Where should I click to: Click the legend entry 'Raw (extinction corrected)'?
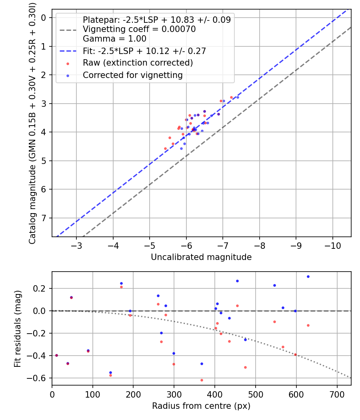click(x=138, y=63)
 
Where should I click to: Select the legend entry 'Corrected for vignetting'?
click(x=132, y=75)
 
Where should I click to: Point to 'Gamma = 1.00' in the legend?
click(x=114, y=39)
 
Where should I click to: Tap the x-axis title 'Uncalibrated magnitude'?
click(x=201, y=257)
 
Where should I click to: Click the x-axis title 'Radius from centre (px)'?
click(x=201, y=406)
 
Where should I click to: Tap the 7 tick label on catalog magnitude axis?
click(x=44, y=218)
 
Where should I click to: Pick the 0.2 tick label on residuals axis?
click(x=42, y=288)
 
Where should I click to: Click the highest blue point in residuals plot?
click(x=308, y=276)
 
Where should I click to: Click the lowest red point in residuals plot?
click(x=202, y=380)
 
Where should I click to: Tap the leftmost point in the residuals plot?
click(x=56, y=355)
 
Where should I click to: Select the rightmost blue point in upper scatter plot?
click(x=238, y=97)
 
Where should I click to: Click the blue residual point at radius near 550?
click(x=274, y=285)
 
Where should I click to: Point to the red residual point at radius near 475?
click(x=245, y=367)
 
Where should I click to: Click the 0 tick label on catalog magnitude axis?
click(x=44, y=18)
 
